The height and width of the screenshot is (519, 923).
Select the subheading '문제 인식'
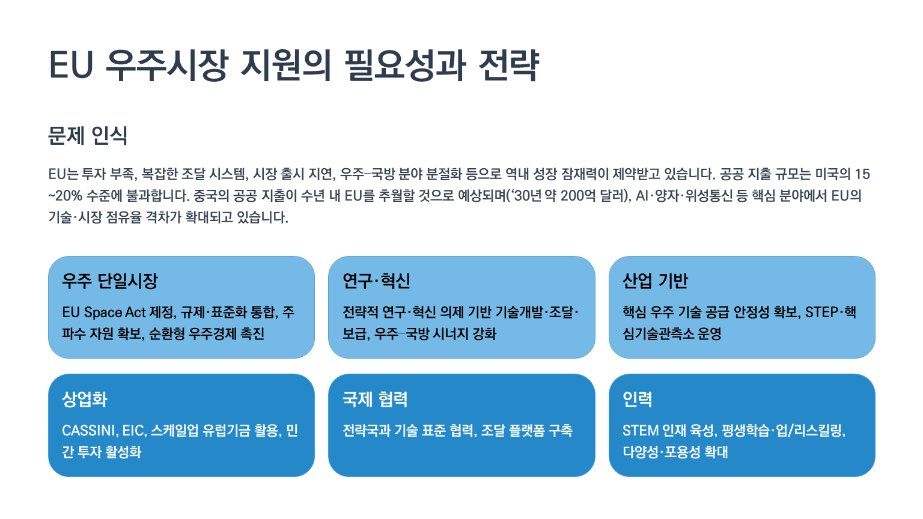[88, 136]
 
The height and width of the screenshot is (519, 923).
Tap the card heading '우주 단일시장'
[110, 281]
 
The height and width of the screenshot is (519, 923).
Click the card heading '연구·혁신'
[376, 281]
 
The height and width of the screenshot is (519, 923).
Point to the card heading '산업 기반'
[655, 281]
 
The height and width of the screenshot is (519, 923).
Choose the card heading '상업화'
[85, 399]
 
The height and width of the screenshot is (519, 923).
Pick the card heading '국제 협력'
[375, 399]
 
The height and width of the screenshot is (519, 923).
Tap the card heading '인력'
[638, 399]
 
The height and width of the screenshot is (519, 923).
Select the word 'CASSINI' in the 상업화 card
[90, 431]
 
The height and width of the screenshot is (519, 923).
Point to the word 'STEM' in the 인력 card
[641, 431]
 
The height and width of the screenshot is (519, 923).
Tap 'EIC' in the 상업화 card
[133, 431]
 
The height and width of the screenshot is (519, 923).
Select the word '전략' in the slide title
[509, 65]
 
